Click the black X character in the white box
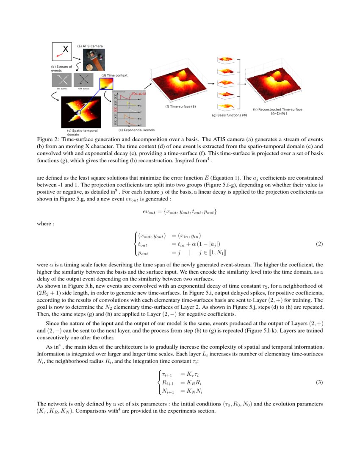[66, 50]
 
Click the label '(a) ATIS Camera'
[90, 46]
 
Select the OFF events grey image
[83, 80]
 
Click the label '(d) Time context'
[114, 75]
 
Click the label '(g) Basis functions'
[229, 115]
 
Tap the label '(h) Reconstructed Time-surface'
[277, 109]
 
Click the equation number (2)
[320, 244]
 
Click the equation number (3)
[320, 382]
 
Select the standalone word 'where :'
[45, 223]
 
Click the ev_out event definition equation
[180, 211]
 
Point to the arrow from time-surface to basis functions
[210, 83]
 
